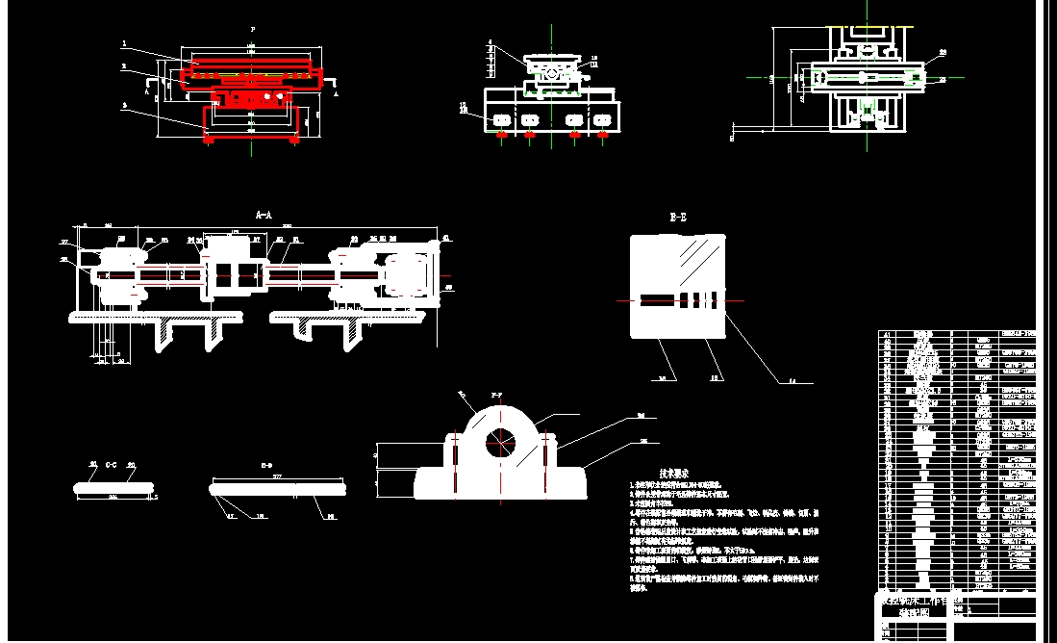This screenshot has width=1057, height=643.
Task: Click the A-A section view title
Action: point(264,215)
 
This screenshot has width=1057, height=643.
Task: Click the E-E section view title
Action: point(678,219)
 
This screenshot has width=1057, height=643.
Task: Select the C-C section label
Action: point(112,464)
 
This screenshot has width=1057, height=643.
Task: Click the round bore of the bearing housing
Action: point(499,444)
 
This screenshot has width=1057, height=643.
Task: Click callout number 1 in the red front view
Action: point(124,44)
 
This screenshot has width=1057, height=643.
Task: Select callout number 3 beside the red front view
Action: point(124,66)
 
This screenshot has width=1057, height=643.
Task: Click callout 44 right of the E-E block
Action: point(792,382)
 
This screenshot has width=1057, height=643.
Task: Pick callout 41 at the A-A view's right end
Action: point(445,237)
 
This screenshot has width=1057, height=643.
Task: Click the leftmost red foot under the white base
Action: point(501,136)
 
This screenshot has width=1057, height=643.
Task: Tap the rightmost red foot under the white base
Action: point(602,136)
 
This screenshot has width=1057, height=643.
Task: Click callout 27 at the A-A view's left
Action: point(64,242)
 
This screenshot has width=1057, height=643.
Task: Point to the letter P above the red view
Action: point(251,31)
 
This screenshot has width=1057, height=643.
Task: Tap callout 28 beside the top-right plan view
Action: point(942,80)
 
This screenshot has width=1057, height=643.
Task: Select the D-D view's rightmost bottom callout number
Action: point(331,517)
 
